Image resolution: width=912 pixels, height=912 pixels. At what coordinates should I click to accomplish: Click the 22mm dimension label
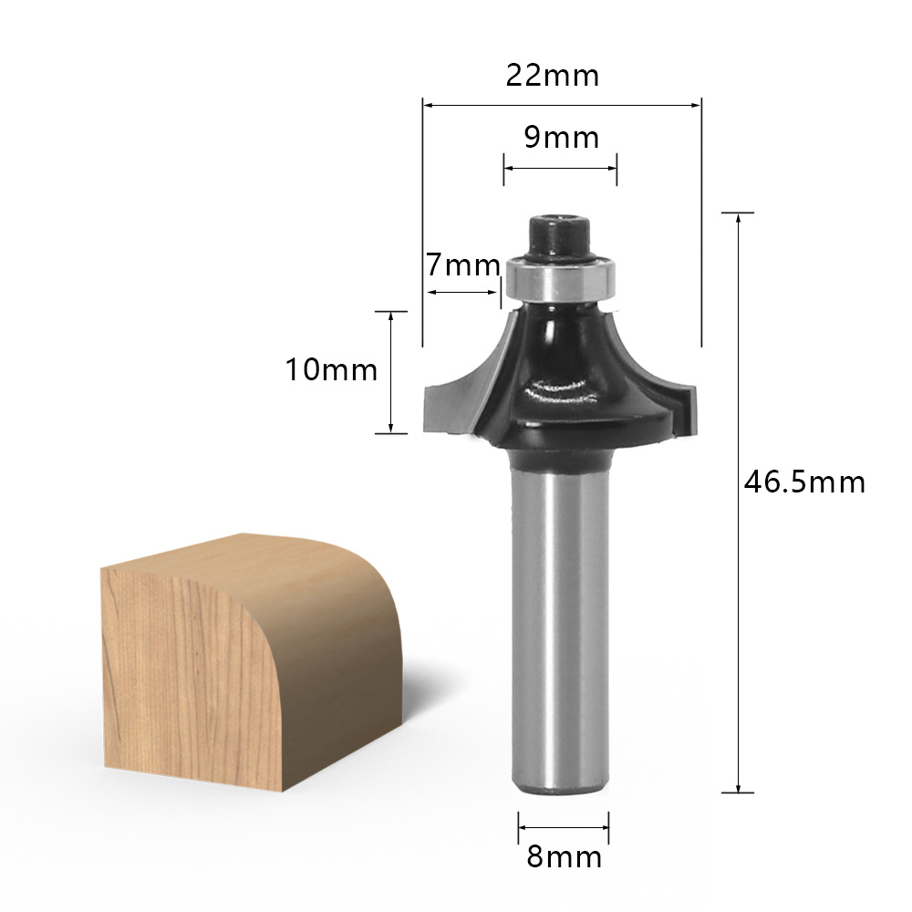(552, 76)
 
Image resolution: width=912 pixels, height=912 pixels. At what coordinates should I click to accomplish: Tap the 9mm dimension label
(561, 138)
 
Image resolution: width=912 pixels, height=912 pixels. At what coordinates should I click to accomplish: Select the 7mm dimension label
(463, 265)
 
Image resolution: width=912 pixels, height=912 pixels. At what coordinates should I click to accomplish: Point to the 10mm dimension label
(331, 369)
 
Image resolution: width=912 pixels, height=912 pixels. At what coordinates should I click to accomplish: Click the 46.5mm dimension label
(804, 482)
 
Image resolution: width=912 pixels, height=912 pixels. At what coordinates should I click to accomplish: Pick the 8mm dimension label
(564, 856)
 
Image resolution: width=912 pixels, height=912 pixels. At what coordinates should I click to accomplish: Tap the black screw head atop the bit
(559, 235)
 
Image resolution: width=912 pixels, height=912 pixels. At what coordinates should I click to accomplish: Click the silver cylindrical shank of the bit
(560, 628)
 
